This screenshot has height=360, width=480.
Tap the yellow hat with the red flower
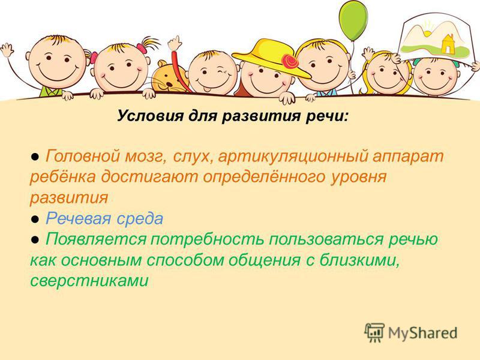coord(271,56)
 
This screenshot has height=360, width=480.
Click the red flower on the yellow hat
coord(290,61)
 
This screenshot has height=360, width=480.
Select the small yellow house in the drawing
coord(447,43)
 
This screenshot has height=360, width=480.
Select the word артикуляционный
coord(293,157)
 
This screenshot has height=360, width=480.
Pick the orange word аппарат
coord(409,157)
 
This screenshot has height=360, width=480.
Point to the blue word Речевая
coord(78,218)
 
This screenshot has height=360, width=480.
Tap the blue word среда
coord(140,219)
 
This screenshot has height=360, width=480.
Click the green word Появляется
coord(96,239)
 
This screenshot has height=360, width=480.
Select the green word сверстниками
coord(89,281)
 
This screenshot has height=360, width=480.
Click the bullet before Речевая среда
coord(35,220)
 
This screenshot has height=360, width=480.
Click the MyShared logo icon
coord(374,332)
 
